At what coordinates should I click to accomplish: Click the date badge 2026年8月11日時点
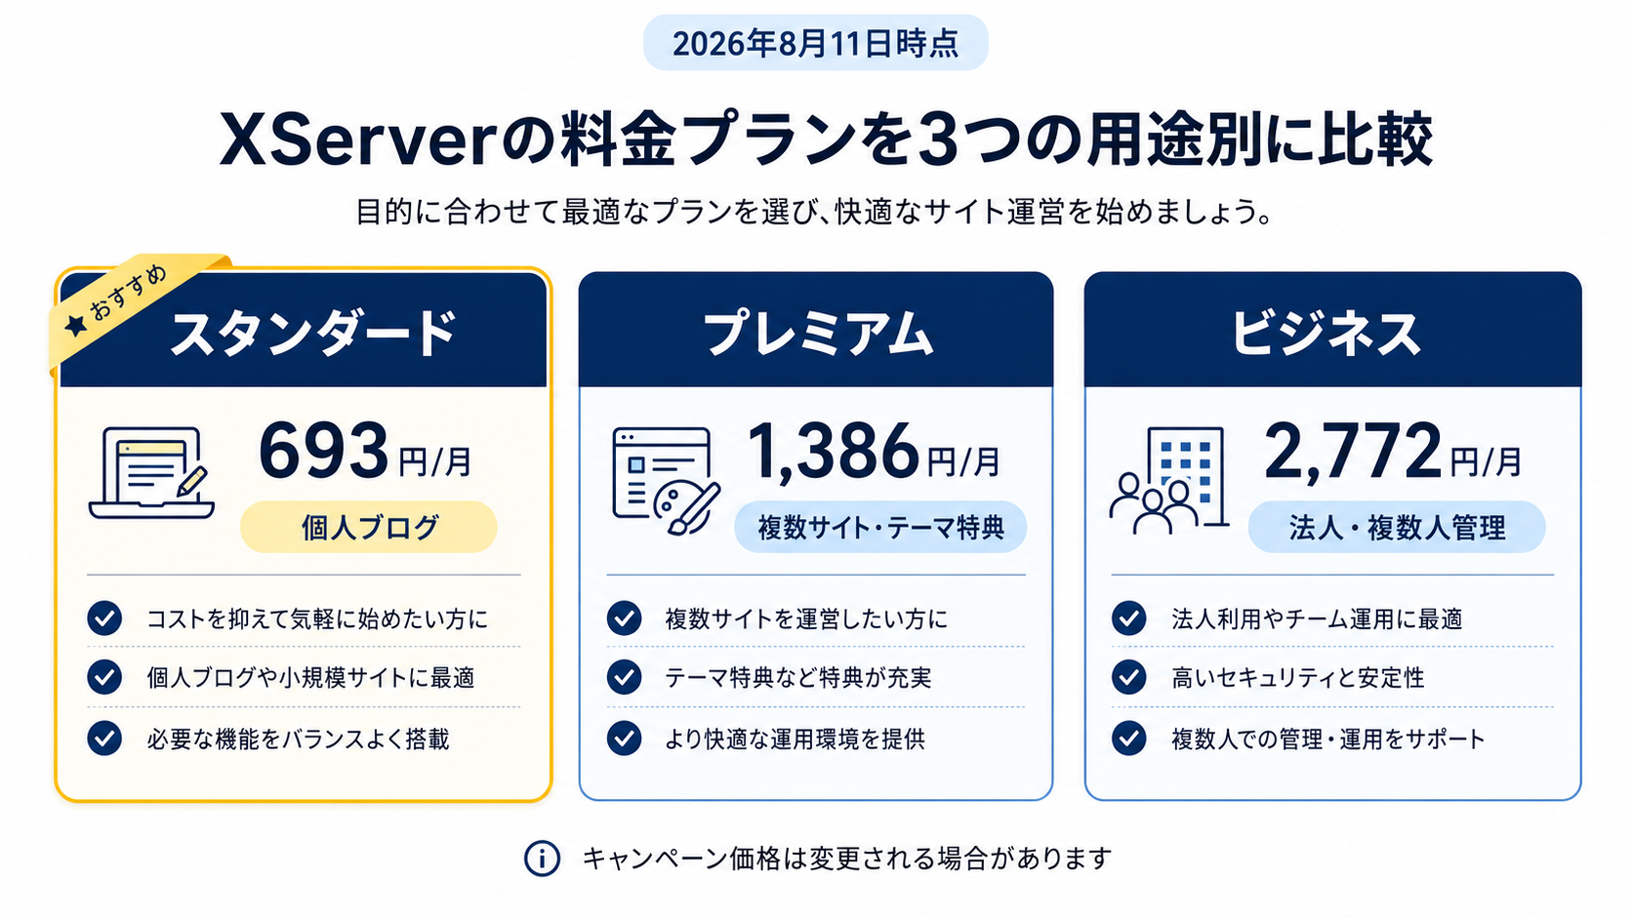click(x=815, y=43)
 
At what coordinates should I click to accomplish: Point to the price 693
click(x=323, y=450)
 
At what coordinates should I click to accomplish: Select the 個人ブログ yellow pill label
click(x=369, y=527)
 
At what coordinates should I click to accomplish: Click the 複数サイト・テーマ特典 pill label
click(x=880, y=527)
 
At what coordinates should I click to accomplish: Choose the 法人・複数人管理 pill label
click(x=1397, y=527)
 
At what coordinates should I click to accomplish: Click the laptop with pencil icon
click(x=151, y=472)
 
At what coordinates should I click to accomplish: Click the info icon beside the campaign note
click(x=542, y=858)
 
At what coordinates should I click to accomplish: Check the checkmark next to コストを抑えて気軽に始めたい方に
click(x=104, y=619)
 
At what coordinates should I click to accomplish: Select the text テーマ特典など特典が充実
click(x=797, y=678)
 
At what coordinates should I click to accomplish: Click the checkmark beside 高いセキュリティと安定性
click(x=1128, y=678)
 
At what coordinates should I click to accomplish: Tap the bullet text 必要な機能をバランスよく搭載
click(x=298, y=738)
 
